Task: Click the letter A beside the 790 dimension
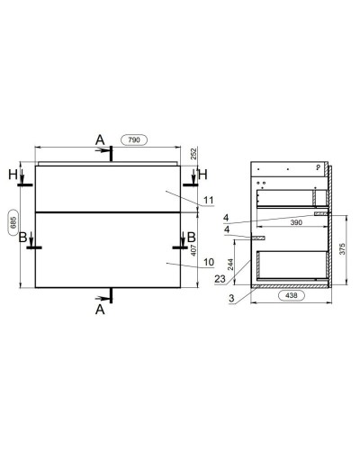101,139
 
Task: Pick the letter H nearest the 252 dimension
203,173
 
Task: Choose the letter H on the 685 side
12,173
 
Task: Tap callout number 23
222,279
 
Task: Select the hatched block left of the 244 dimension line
260,238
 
